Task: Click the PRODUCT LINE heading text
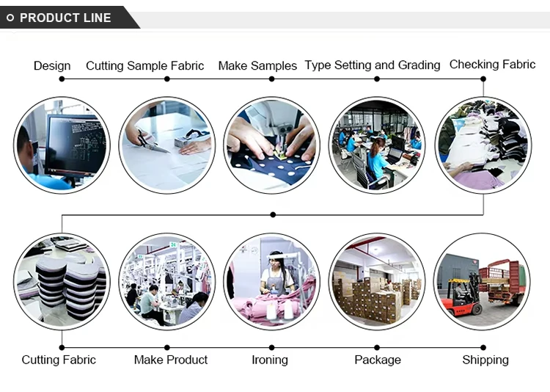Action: pos(65,18)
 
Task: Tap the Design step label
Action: pos(52,66)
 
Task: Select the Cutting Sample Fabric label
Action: pos(145,66)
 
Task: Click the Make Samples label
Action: pos(257,66)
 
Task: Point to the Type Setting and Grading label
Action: pos(373,65)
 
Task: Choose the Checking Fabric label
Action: pos(492,65)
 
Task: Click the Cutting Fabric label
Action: pos(59,360)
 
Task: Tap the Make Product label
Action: pos(171,360)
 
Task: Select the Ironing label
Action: pos(269,360)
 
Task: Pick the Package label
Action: pos(378,360)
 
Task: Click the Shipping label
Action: pos(485,360)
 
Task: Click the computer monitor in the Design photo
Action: pos(73,143)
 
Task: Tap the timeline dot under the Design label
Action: pos(62,79)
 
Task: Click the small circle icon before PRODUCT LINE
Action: pos(10,18)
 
